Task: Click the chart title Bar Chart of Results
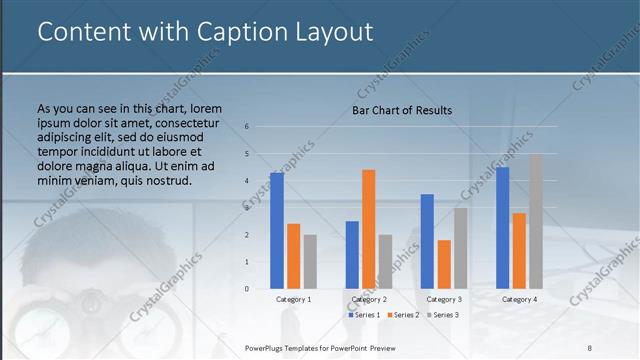[x=402, y=110]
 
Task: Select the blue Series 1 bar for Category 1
[x=277, y=231]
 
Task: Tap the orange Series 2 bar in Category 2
[x=368, y=229]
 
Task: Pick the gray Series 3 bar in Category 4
[x=536, y=221]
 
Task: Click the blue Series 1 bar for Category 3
[x=427, y=241]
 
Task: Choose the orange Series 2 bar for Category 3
[x=444, y=264]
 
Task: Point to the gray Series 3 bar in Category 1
[x=310, y=262]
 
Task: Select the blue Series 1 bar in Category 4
[x=503, y=228]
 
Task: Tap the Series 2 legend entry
[x=402, y=315]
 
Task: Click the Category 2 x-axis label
[x=369, y=299]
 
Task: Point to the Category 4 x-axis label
[x=519, y=299]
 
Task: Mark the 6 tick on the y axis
[x=247, y=127]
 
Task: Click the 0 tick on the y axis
[x=247, y=289]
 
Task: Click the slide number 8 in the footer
[x=590, y=347]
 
